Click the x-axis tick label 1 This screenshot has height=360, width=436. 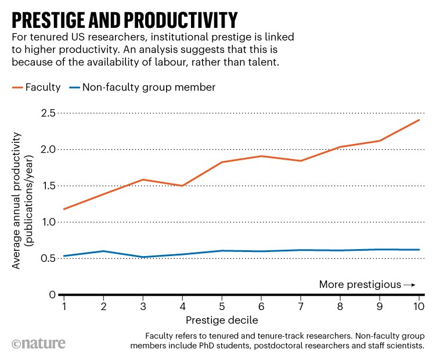tap(63, 307)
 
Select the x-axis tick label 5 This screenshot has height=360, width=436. tap(222, 307)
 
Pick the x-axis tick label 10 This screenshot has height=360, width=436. tap(419, 307)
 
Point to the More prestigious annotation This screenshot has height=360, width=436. tap(360, 285)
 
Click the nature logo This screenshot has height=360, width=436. tap(37, 343)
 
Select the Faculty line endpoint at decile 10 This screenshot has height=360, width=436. tap(419, 120)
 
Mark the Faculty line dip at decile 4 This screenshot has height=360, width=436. tap(182, 186)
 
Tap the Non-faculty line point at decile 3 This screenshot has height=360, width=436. tap(143, 257)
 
